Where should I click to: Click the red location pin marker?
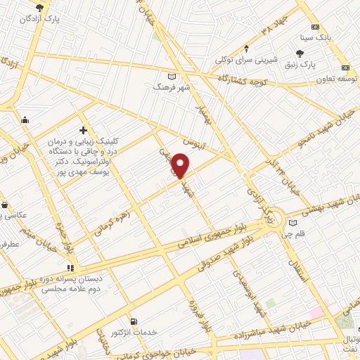[x=181, y=165]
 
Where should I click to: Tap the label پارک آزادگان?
[x=41, y=19]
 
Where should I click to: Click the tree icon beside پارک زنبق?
[x=300, y=53]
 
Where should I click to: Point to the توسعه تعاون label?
[x=324, y=77]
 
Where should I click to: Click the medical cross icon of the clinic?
[x=84, y=130]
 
